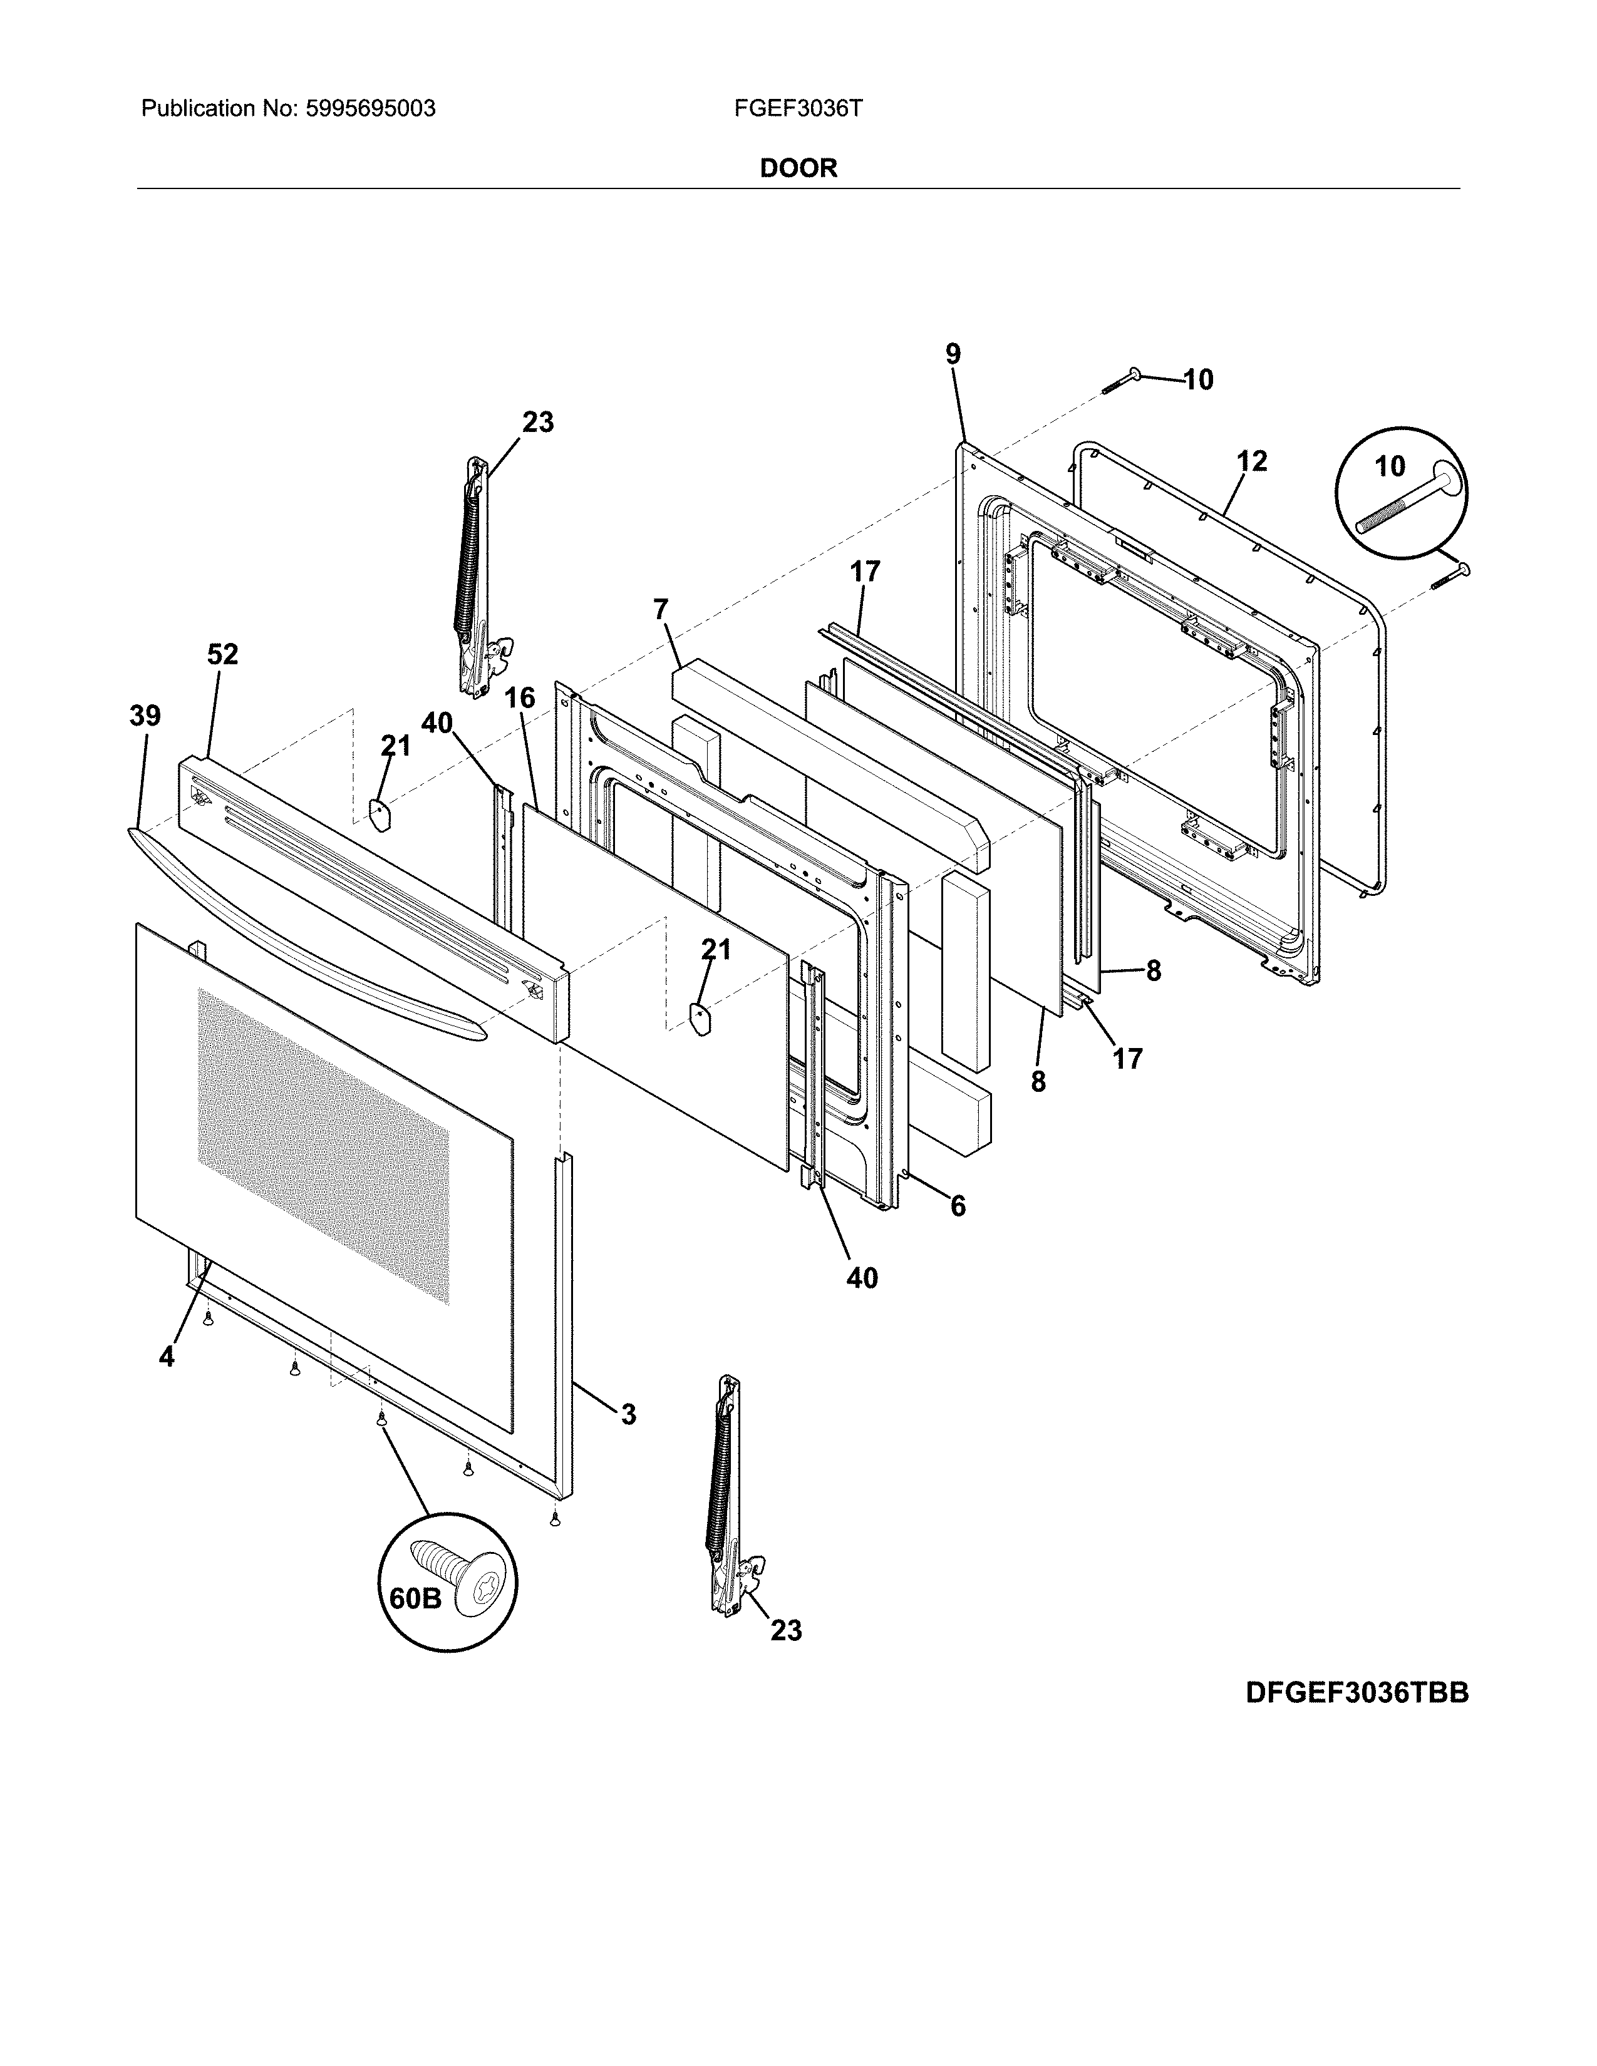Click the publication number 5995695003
click(x=370, y=109)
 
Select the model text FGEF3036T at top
click(x=797, y=109)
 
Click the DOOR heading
click(x=798, y=168)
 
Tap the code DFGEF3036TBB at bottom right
click(x=1357, y=1692)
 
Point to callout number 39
click(x=145, y=716)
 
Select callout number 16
click(x=519, y=698)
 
